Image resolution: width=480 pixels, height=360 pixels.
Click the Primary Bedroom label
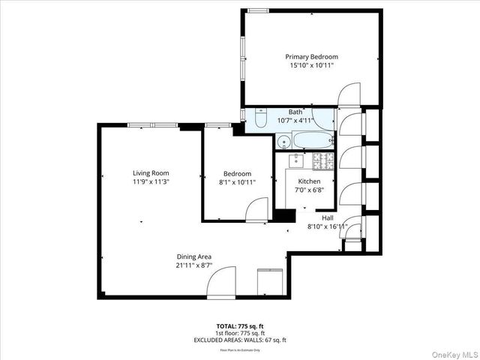(x=311, y=57)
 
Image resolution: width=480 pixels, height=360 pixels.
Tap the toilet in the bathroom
(x=260, y=119)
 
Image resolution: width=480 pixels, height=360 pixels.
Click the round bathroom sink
(x=283, y=141)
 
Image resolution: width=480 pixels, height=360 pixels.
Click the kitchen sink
(x=296, y=159)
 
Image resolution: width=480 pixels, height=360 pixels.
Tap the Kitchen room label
(x=309, y=182)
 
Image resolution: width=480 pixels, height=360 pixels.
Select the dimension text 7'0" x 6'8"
(x=309, y=190)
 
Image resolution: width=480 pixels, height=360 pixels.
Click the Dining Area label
(x=193, y=256)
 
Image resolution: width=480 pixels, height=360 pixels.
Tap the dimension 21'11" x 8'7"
(x=193, y=265)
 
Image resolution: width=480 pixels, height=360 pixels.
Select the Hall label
(x=327, y=217)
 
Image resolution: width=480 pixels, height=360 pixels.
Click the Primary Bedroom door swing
(x=349, y=95)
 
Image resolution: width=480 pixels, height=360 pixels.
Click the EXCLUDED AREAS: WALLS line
(x=240, y=340)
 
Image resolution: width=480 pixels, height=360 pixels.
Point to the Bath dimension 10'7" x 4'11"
(x=295, y=120)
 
